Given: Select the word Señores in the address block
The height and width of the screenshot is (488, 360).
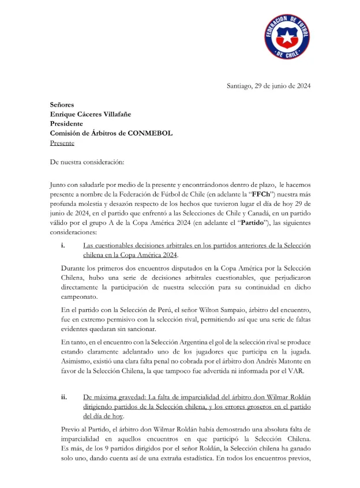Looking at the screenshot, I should [62, 104].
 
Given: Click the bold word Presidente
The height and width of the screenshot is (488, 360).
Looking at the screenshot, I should [66, 123].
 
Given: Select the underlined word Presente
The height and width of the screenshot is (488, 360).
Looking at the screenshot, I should [62, 142].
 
